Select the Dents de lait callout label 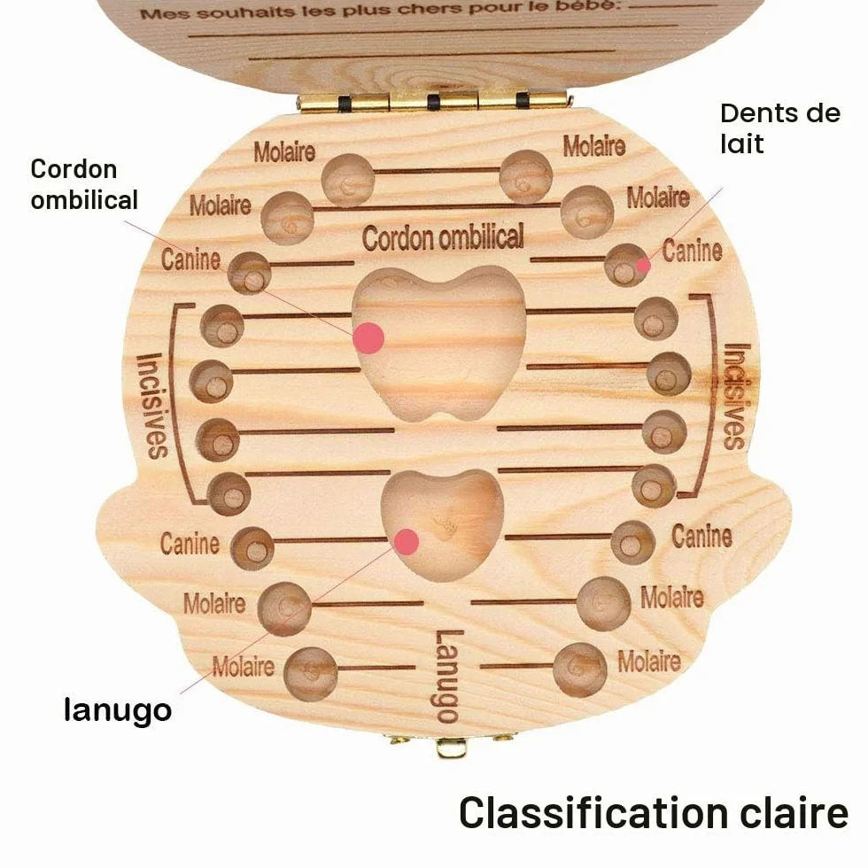(x=780, y=128)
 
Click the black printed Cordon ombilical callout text (x=84, y=184)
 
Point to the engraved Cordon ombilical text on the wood (x=443, y=237)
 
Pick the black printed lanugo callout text (x=117, y=709)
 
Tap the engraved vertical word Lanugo (x=446, y=677)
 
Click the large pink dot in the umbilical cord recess (x=368, y=337)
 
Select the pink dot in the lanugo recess (x=407, y=542)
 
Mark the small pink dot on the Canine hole (x=643, y=266)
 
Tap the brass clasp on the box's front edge (x=450, y=745)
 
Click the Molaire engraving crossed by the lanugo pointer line (x=244, y=666)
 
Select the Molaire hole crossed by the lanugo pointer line (x=284, y=608)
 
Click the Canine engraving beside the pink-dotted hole (x=693, y=250)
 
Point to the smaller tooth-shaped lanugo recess (x=443, y=524)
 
